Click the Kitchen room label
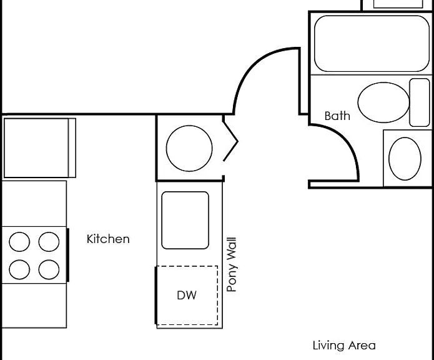pyautogui.click(x=108, y=239)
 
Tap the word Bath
pyautogui.click(x=337, y=116)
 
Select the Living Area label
pyautogui.click(x=344, y=346)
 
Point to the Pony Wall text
pyautogui.click(x=232, y=264)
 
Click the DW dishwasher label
pyautogui.click(x=187, y=295)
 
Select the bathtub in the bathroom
pyautogui.click(x=372, y=44)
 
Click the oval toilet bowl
pyautogui.click(x=383, y=102)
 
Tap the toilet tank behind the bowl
pyautogui.click(x=420, y=102)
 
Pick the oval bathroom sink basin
pyautogui.click(x=405, y=159)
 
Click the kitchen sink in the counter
pyautogui.click(x=185, y=220)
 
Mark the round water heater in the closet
pyautogui.click(x=189, y=148)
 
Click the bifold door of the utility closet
pyautogui.click(x=230, y=141)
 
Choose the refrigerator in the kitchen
pyautogui.click(x=40, y=148)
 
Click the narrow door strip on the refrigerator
pyautogui.click(x=72, y=148)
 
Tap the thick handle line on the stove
pyautogui.click(x=68, y=255)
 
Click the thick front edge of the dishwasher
pyautogui.click(x=156, y=295)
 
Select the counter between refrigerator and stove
pyautogui.click(x=34, y=204)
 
